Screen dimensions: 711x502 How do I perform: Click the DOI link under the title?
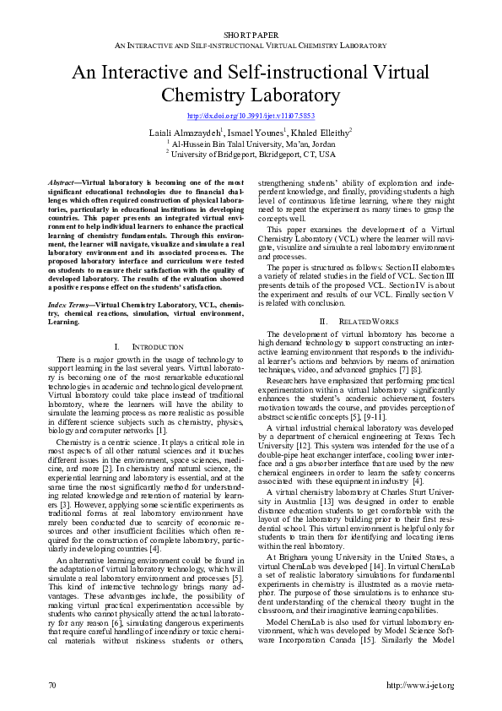point(251,115)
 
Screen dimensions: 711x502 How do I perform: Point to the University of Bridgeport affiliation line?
point(251,155)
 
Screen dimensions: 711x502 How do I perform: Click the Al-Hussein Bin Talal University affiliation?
point(251,144)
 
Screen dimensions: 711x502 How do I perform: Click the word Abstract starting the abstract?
point(59,182)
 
